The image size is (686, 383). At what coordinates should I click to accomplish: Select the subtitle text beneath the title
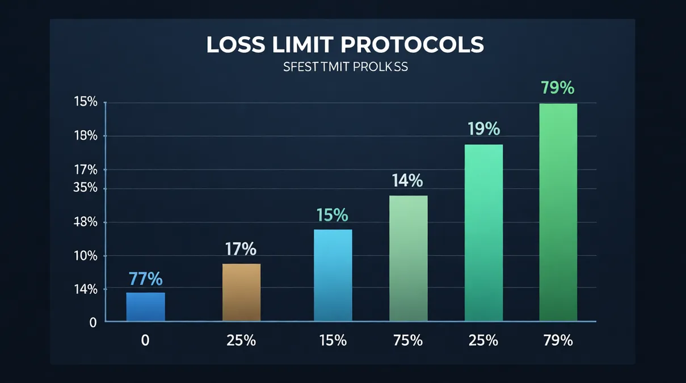(x=346, y=66)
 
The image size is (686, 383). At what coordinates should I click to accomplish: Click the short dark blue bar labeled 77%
(x=145, y=307)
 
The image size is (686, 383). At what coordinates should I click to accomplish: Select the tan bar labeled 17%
(x=241, y=293)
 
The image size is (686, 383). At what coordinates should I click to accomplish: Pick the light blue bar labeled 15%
(x=333, y=276)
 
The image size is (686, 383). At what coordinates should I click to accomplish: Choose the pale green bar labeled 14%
(x=409, y=259)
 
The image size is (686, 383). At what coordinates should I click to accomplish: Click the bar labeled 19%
(x=483, y=233)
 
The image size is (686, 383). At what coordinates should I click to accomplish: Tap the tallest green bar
(x=558, y=213)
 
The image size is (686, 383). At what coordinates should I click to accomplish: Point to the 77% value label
(x=145, y=279)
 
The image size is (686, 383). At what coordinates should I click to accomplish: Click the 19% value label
(x=483, y=129)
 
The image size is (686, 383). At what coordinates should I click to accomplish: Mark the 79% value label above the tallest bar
(x=557, y=89)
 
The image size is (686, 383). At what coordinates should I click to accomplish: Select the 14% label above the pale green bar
(x=407, y=181)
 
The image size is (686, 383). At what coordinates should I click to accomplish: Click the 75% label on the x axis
(x=407, y=340)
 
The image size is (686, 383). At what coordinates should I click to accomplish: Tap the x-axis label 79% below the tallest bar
(x=557, y=340)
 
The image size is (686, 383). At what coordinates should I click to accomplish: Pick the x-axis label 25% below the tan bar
(x=241, y=340)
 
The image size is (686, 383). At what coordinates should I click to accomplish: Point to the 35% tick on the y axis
(x=86, y=188)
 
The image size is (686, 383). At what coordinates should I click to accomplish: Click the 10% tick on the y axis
(x=86, y=256)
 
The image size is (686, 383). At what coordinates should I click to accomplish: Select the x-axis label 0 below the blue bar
(x=145, y=340)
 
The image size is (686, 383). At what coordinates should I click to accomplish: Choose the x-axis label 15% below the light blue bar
(x=333, y=340)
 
